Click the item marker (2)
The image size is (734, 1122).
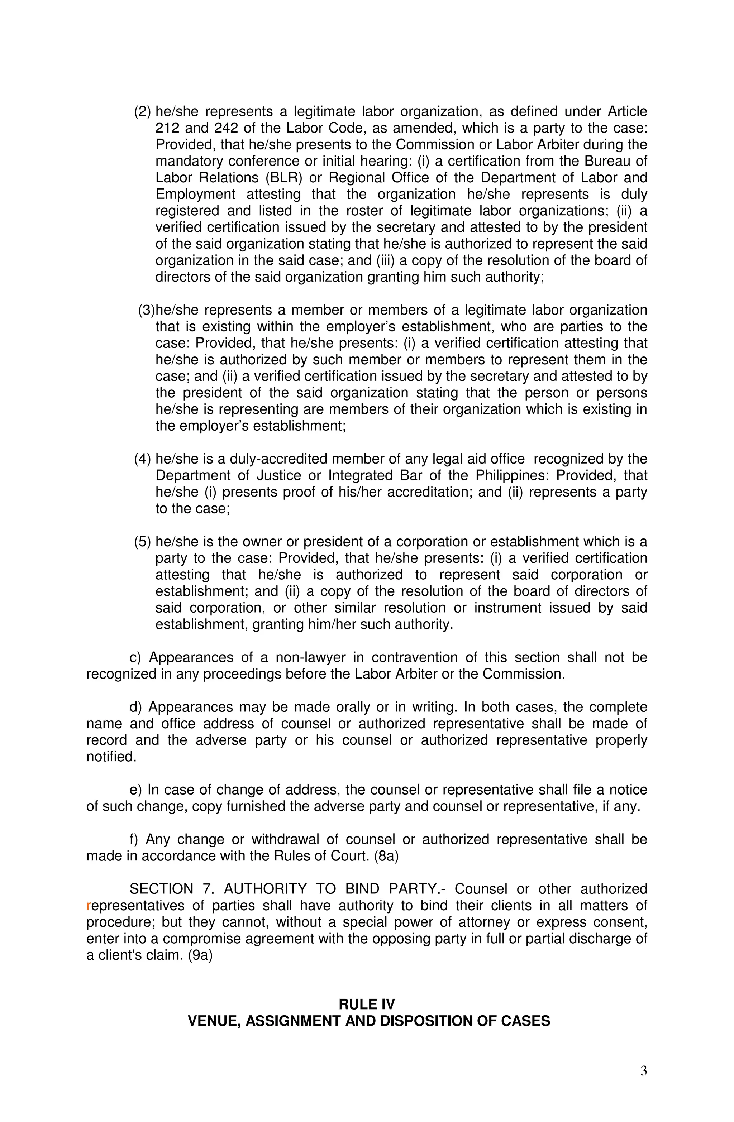pos(142,112)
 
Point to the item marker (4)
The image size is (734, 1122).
pos(142,459)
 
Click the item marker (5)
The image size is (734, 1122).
pos(142,542)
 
